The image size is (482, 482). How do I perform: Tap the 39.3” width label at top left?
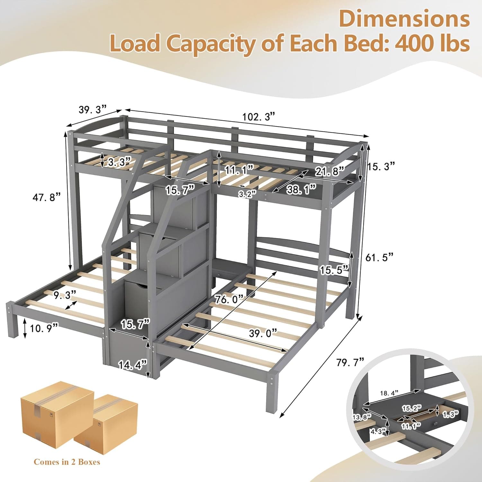[x=93, y=110]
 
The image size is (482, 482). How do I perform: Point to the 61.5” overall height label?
[x=379, y=257]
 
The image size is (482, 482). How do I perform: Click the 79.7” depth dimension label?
[x=350, y=362]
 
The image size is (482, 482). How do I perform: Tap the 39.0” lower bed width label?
[x=263, y=333]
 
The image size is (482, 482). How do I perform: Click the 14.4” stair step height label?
[x=132, y=365]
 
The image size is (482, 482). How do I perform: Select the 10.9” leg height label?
[x=44, y=328]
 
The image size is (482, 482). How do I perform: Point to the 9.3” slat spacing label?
[x=65, y=295]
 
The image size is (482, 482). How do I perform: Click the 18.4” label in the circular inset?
[x=389, y=393]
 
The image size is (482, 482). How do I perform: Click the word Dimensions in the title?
[x=404, y=19]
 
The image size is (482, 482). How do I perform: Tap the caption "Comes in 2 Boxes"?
[x=67, y=462]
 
